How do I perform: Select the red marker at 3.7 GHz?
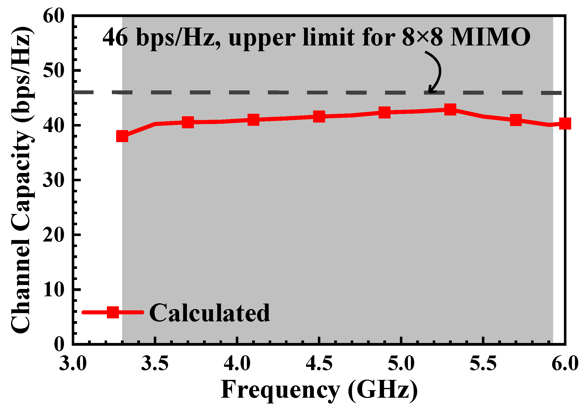[188, 122]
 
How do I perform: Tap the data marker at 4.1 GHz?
[253, 120]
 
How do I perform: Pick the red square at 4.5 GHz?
[319, 117]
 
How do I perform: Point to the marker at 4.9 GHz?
[385, 112]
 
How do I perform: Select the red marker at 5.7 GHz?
[516, 120]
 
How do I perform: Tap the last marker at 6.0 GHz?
[565, 124]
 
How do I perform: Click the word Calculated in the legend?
[209, 313]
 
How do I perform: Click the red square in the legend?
[113, 312]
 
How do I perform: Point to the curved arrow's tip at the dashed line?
[429, 92]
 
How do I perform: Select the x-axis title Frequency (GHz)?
[319, 390]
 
